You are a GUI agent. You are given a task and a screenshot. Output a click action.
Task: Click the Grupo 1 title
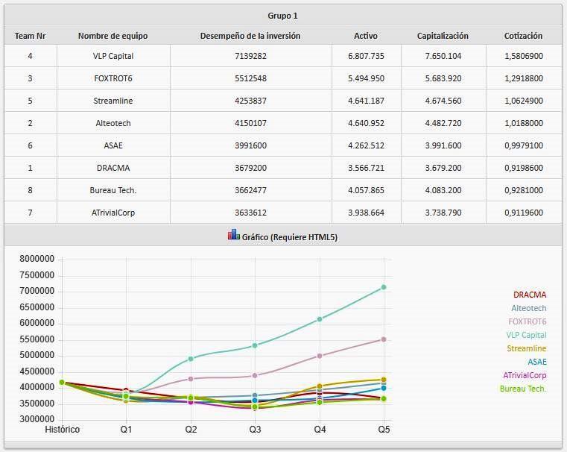[x=282, y=15]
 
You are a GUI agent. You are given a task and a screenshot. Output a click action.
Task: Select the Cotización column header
[x=523, y=35]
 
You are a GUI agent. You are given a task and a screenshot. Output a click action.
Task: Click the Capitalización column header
[x=443, y=35]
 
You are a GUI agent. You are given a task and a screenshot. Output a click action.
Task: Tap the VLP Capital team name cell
[x=113, y=56]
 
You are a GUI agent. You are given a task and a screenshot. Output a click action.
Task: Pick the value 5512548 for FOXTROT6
[x=250, y=78]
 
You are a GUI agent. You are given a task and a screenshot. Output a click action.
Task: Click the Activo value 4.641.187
[x=366, y=101]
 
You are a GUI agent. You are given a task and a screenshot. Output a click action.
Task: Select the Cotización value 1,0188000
[x=523, y=123]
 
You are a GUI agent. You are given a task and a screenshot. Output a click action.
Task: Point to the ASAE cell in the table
[x=113, y=145]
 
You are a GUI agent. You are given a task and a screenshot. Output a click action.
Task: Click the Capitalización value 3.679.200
[x=443, y=168]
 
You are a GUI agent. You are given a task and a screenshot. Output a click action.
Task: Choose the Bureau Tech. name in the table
[x=113, y=190]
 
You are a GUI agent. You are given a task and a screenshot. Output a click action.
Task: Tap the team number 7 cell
[x=30, y=213]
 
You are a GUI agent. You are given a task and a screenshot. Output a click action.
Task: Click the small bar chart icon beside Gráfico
[x=233, y=235]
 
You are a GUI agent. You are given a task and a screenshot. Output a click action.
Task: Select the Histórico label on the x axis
[x=62, y=429]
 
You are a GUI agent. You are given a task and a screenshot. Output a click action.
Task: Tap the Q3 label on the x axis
[x=255, y=429]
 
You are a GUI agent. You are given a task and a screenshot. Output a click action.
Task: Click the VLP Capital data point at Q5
[x=384, y=287]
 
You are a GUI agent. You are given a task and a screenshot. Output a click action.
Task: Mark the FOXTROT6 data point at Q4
[x=320, y=356]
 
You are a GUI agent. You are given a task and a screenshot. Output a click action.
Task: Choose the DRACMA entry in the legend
[x=529, y=295]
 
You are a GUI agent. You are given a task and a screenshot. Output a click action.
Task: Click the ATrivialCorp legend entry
[x=524, y=375]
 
